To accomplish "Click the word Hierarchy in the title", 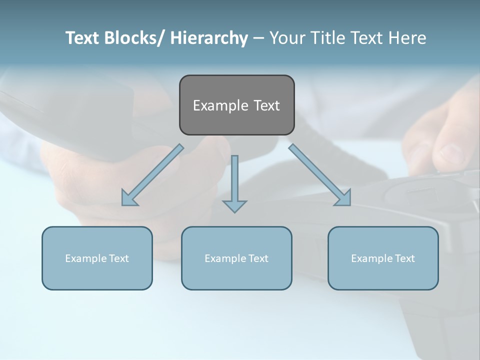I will pyautogui.click(x=209, y=38).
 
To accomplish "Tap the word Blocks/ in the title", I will pyautogui.click(x=131, y=38).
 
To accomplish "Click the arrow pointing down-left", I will pyautogui.click(x=152, y=175).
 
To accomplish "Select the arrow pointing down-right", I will pyautogui.click(x=320, y=175).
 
